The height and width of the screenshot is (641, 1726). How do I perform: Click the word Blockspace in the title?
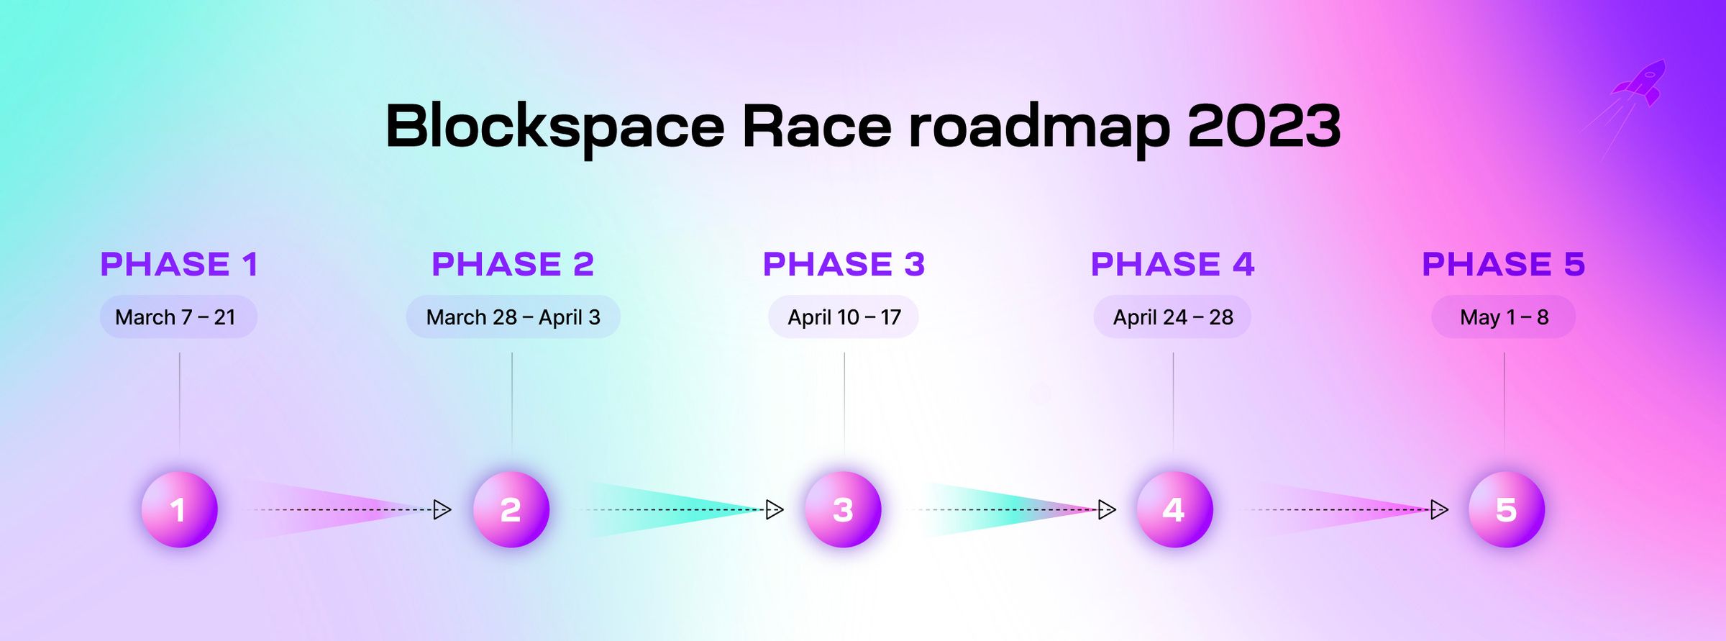coord(554,127)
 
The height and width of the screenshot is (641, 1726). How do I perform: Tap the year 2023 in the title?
coord(1264,127)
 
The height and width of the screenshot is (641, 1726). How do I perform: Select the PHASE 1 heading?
coord(179,264)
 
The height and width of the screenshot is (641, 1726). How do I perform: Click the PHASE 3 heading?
coord(844,264)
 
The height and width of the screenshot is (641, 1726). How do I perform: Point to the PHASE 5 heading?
coord(1503,264)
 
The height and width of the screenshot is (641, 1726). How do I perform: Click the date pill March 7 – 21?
coord(178,317)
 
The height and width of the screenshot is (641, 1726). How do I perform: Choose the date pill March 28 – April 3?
coord(513,317)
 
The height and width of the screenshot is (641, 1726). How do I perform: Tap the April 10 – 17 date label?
coord(844,317)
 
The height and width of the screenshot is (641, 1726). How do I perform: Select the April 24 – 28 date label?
coord(1172,317)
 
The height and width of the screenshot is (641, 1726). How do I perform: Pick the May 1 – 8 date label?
coord(1503,317)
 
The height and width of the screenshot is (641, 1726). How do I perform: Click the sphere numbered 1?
coord(179,509)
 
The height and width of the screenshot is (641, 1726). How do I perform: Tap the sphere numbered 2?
coord(511,509)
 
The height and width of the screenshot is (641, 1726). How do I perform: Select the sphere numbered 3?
coord(843,509)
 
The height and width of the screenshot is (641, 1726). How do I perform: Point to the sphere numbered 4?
coord(1174,509)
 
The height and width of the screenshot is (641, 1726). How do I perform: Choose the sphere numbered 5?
coord(1506,509)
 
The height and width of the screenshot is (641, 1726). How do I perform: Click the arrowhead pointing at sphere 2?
coord(442,510)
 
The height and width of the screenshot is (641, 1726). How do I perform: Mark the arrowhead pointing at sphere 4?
coord(1107,510)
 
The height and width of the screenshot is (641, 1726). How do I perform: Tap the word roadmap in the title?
coord(1039,127)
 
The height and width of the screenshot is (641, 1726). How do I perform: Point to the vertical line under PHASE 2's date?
coord(512,403)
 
